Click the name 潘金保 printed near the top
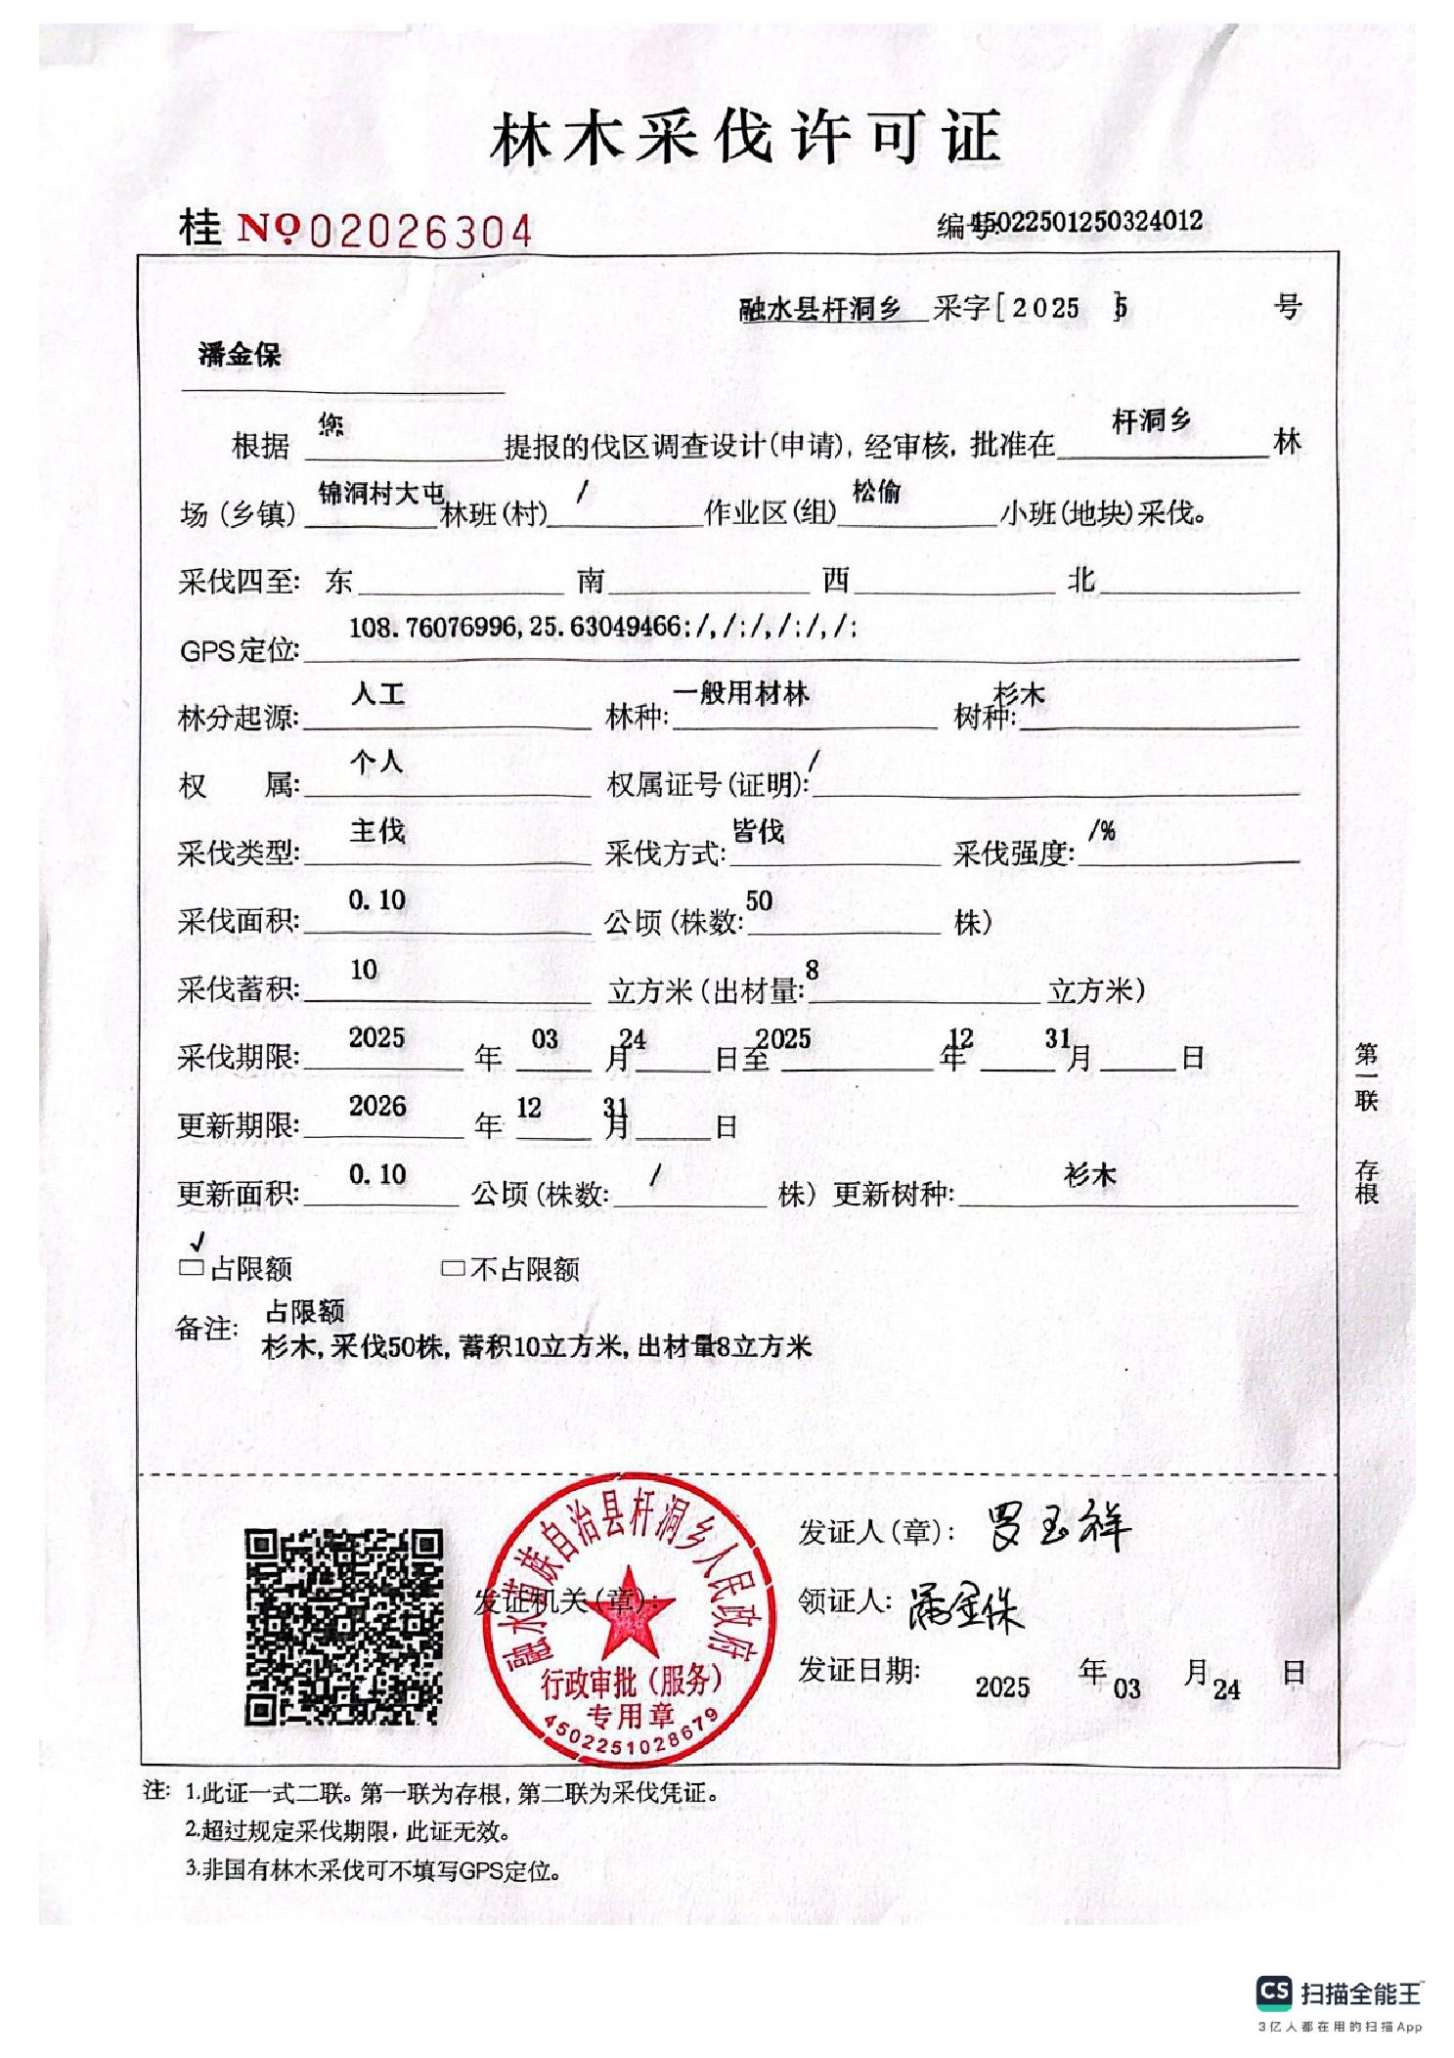click(240, 354)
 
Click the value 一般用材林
click(740, 693)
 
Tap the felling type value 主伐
click(377, 831)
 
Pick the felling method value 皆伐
click(758, 831)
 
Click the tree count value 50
click(759, 900)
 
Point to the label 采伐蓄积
click(238, 989)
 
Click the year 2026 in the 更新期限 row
click(377, 1106)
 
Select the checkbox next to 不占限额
click(452, 1269)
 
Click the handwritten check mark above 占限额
click(198, 1242)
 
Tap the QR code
click(343, 1626)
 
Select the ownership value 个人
click(376, 762)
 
